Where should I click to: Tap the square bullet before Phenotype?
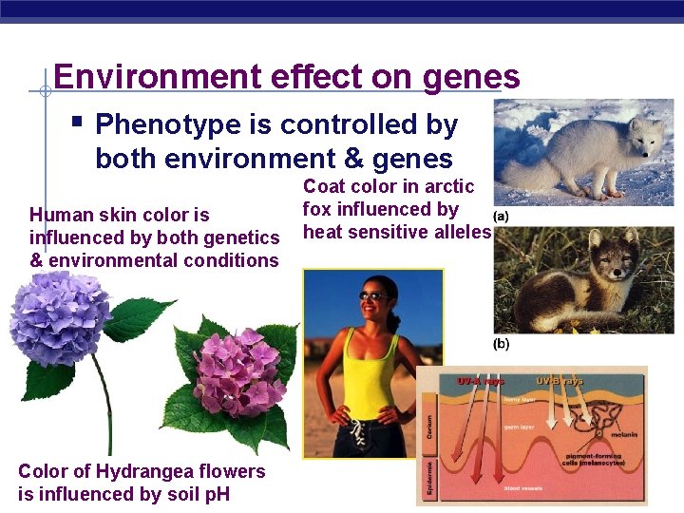point(77,123)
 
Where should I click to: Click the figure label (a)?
point(499,216)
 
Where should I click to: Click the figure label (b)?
point(501,343)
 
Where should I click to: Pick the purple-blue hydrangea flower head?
point(59,318)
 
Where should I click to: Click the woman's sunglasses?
point(374,295)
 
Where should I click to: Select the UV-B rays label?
point(560,380)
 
